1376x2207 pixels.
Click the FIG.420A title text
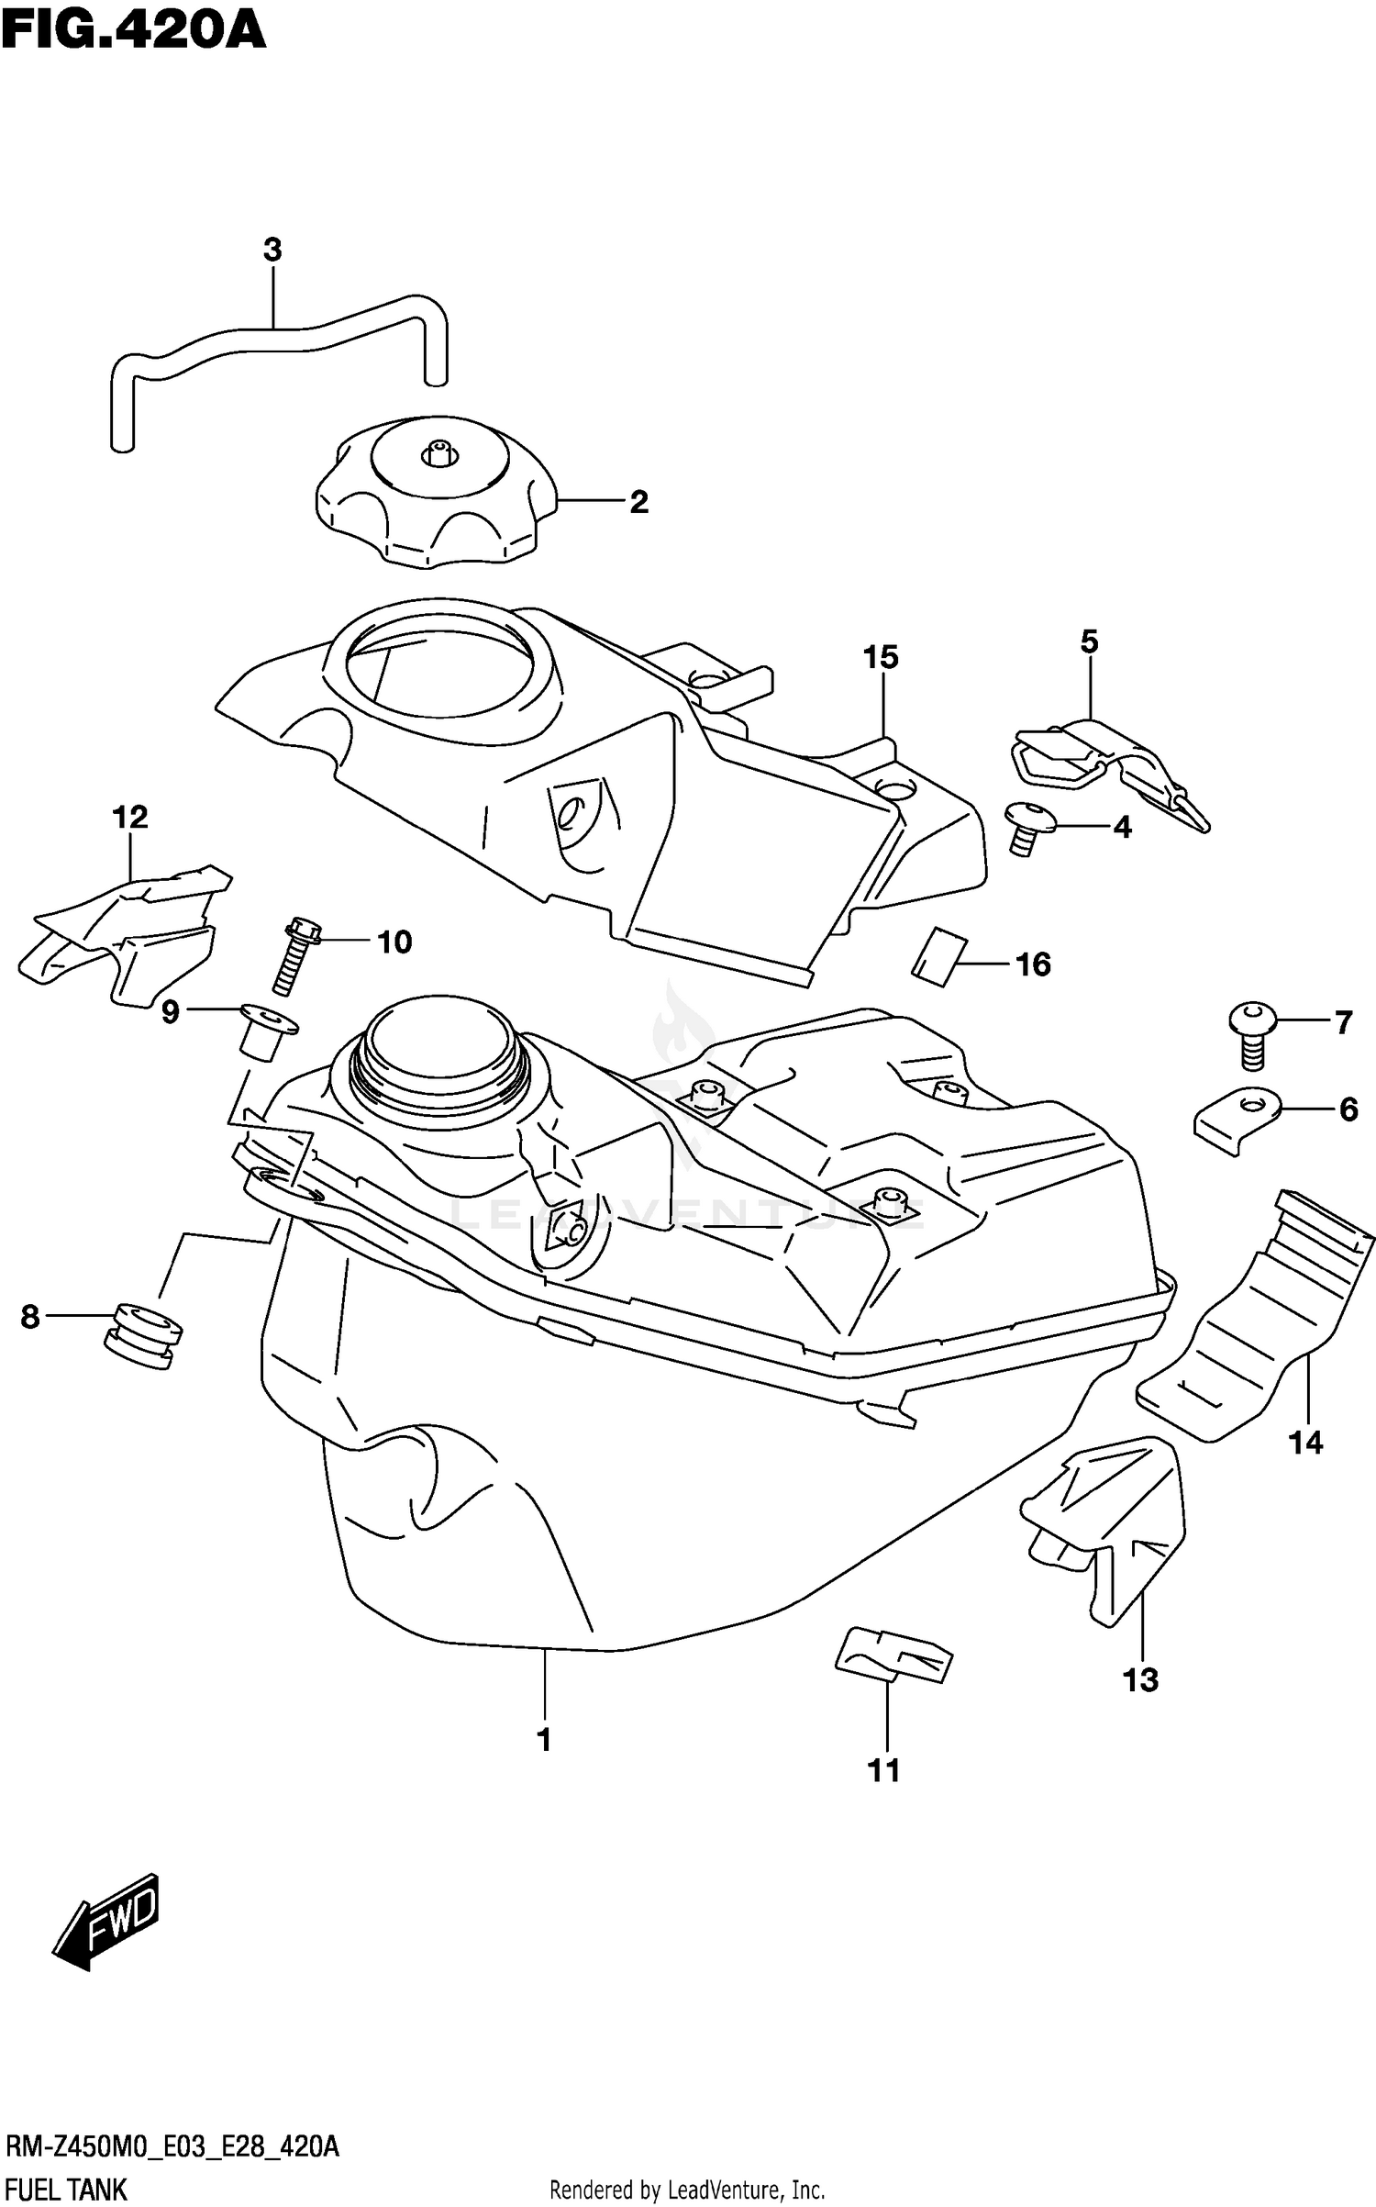tap(134, 31)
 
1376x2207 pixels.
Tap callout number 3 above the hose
tap(272, 251)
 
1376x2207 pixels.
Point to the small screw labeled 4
tap(1026, 827)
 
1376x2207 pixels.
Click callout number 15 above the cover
tap(881, 658)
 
